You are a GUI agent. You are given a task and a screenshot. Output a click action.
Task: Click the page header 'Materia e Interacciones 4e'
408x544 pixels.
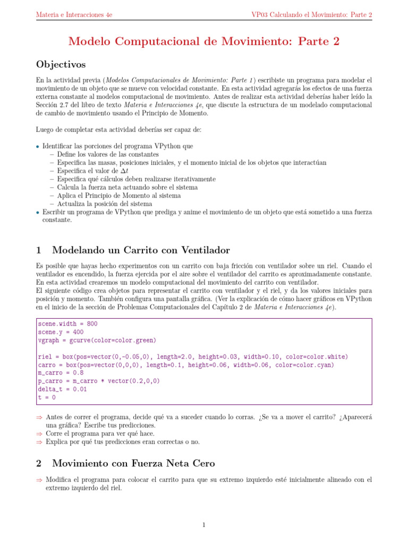(74, 15)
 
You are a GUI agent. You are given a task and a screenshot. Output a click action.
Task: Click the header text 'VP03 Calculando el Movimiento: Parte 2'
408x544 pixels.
(311, 15)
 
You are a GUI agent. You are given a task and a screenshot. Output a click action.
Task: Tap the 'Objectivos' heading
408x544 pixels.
(61, 64)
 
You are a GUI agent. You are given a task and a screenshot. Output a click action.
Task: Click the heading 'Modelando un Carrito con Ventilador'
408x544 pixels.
(141, 250)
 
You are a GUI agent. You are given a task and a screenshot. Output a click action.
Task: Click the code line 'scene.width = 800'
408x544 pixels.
(67, 324)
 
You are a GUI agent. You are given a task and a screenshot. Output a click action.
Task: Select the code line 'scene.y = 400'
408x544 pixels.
(60, 332)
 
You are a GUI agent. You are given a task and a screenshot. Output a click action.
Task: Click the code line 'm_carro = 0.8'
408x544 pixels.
(60, 373)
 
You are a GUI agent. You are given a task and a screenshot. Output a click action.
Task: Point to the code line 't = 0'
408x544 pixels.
(47, 397)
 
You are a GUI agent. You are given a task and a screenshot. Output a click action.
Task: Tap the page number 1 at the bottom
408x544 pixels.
(203, 525)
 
